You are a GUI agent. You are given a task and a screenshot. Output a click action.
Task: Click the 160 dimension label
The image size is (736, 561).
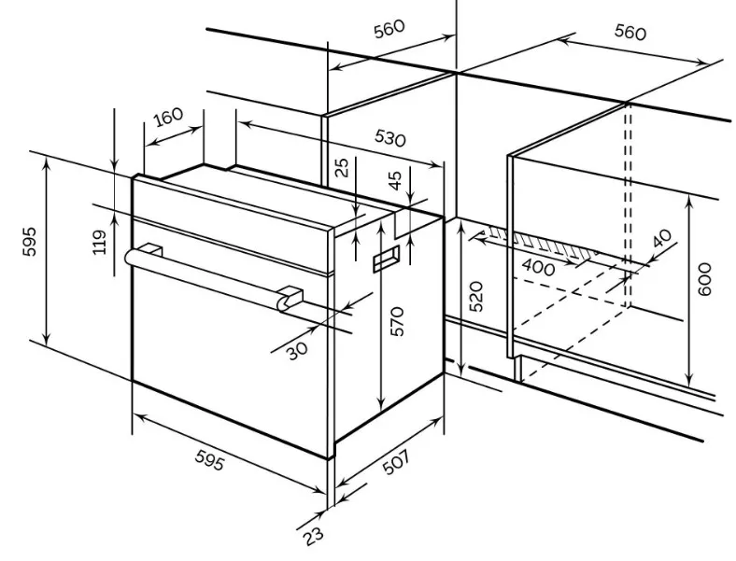click(168, 118)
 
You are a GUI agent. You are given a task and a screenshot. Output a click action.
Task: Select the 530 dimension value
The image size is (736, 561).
click(390, 138)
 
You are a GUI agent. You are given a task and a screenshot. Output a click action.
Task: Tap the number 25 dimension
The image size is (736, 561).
click(344, 167)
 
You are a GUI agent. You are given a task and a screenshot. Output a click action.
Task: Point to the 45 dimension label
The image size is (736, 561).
click(396, 180)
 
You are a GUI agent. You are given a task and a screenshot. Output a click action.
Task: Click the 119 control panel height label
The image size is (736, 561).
click(100, 242)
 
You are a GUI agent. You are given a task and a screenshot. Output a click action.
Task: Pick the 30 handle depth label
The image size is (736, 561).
click(298, 350)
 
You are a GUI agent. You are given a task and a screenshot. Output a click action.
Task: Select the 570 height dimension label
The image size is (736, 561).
click(397, 321)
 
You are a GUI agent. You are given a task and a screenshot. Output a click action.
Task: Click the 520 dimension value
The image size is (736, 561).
click(475, 297)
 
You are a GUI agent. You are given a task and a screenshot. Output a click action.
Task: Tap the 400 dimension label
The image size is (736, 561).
click(538, 268)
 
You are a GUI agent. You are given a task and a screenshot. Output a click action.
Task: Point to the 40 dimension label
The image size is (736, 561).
click(663, 238)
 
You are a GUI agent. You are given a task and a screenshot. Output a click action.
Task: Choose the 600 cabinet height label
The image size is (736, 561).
click(704, 279)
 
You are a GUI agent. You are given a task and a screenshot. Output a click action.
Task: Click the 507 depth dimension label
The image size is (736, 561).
click(397, 462)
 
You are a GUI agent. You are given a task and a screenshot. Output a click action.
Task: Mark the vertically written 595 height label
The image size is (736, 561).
click(30, 242)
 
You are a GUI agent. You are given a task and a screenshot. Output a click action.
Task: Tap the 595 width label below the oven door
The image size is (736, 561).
click(209, 460)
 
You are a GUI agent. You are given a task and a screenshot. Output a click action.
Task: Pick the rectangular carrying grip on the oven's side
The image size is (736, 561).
click(387, 259)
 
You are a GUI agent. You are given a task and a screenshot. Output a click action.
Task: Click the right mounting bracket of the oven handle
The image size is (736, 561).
click(290, 299)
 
